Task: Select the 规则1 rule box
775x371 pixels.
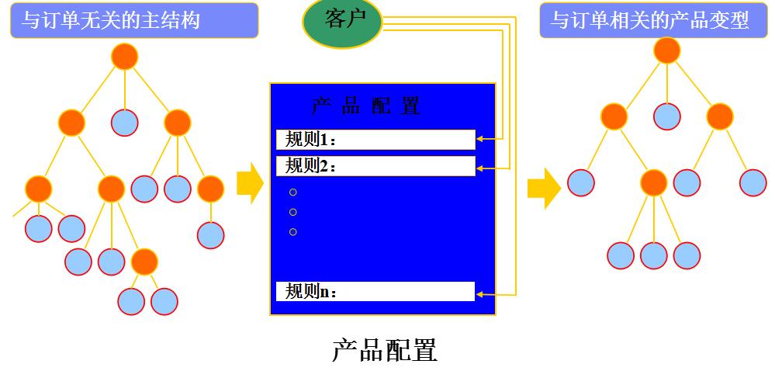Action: tap(375, 140)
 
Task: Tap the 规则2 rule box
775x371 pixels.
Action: tap(375, 166)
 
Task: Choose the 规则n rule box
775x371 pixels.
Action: tap(375, 291)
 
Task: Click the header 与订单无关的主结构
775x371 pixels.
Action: tap(134, 20)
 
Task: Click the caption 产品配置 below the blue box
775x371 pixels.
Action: tap(385, 350)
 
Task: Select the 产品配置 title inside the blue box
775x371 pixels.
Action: tap(365, 106)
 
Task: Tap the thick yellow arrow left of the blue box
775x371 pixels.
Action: tap(250, 183)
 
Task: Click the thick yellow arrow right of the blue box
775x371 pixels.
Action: tap(544, 189)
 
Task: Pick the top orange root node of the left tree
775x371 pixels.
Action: tap(125, 57)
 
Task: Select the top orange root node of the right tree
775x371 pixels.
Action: tap(666, 50)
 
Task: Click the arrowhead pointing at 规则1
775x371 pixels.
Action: tap(479, 140)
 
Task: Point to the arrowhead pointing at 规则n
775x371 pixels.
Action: tap(479, 295)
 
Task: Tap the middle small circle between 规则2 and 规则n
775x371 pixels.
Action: tap(293, 212)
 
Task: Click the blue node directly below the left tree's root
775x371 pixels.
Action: tap(125, 123)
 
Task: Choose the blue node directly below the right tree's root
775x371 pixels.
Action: tap(666, 116)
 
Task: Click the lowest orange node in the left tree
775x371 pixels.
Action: tap(144, 262)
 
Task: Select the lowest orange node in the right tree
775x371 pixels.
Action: tap(653, 183)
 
